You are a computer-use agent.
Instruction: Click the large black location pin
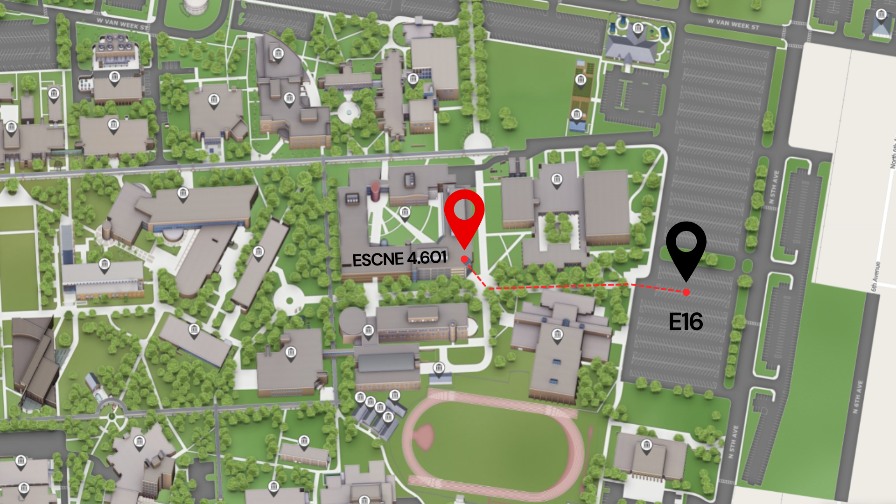click(686, 245)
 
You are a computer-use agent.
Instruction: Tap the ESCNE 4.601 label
click(399, 259)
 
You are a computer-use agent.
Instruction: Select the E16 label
click(686, 322)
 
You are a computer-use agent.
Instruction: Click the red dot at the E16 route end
click(686, 293)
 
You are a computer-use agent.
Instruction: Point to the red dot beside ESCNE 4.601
click(464, 259)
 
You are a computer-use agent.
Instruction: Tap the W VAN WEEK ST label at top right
click(733, 24)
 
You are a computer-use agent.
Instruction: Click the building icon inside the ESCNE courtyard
click(405, 213)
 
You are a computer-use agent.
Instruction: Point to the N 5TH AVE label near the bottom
click(734, 441)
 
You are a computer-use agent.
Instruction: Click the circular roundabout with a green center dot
click(289, 301)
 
